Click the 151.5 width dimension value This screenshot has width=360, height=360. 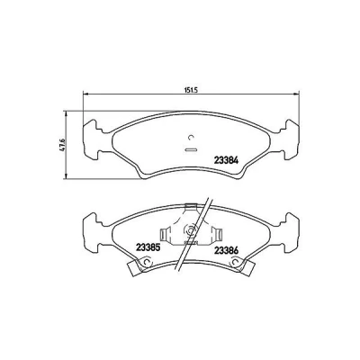point(191,90)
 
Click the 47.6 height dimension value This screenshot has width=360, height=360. point(63,145)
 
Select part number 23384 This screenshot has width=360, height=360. point(226,160)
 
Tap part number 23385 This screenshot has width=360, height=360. point(148,248)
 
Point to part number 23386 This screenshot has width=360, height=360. point(226,249)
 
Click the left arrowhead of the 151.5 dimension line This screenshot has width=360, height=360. point(85,94)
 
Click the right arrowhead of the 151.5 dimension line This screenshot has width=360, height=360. point(296,94)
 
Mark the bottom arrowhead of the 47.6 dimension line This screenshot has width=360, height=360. point(66,176)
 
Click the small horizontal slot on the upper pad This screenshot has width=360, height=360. point(191,149)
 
